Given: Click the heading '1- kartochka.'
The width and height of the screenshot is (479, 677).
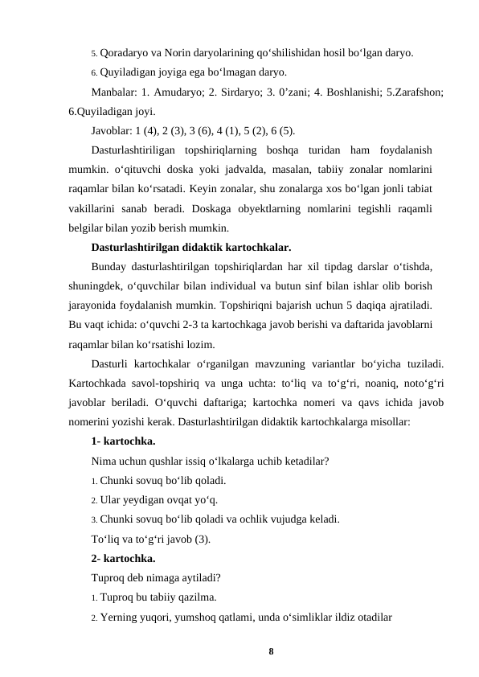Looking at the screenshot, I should pyautogui.click(x=124, y=442).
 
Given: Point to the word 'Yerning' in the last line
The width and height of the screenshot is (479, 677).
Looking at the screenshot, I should pyautogui.click(x=121, y=616).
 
